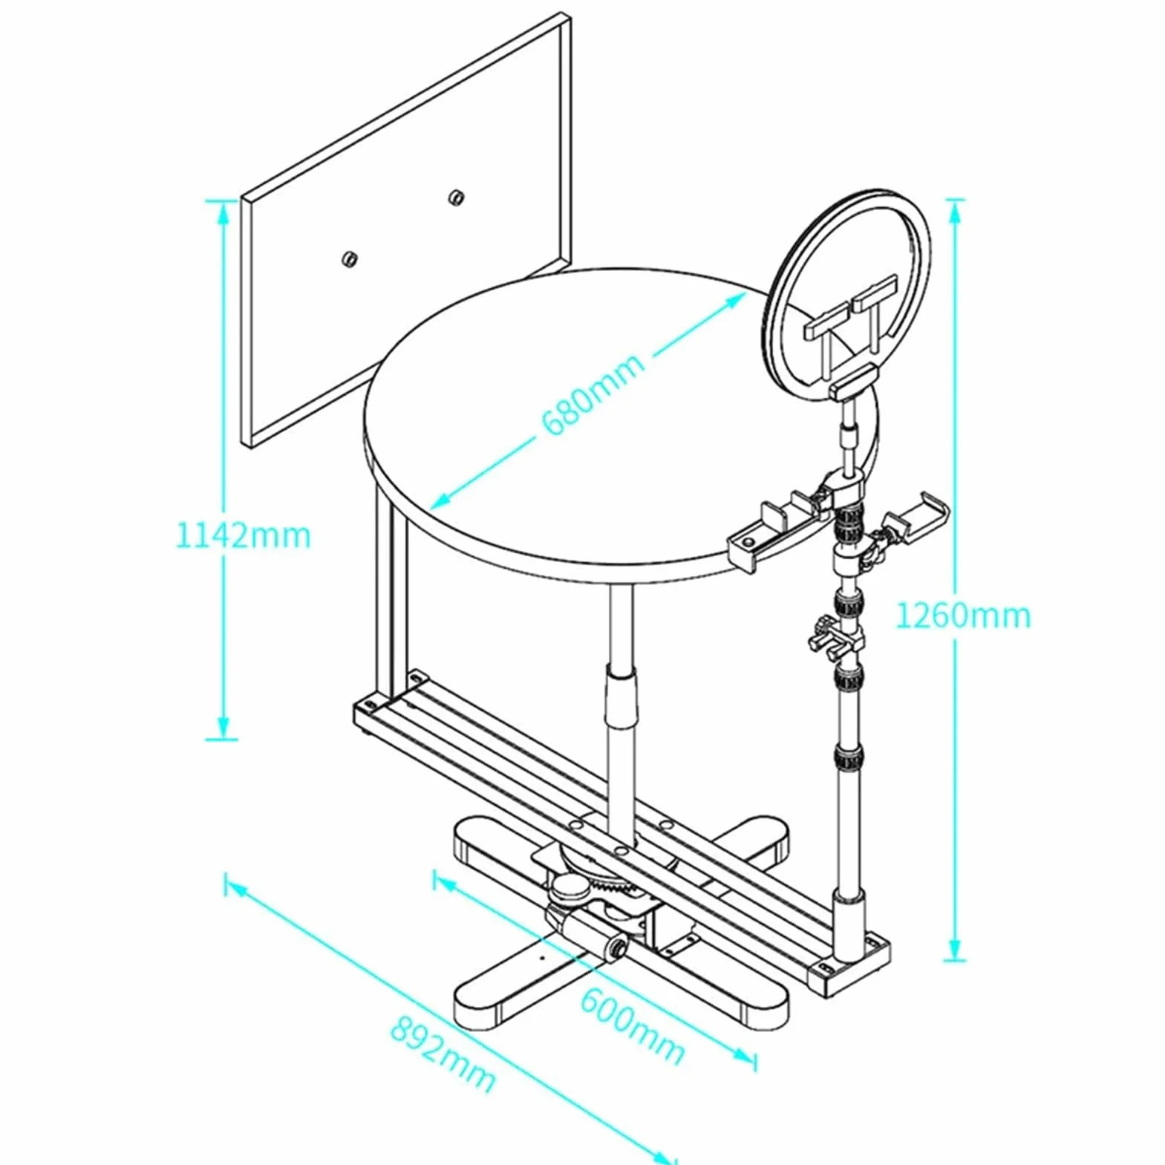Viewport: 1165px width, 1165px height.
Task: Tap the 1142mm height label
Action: (243, 535)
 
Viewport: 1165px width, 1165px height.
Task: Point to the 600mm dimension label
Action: (632, 1026)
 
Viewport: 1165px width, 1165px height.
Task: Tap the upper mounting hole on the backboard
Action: (455, 197)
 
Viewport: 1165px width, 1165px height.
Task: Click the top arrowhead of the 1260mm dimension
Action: (956, 211)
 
